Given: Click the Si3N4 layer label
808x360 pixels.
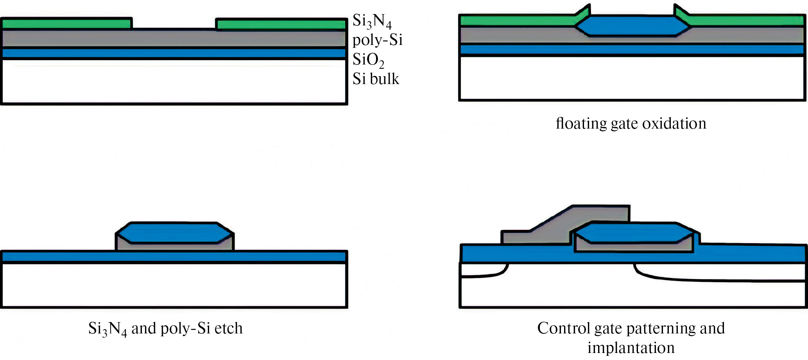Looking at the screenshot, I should (x=372, y=21).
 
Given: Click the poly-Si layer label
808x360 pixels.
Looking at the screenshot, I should (x=377, y=40).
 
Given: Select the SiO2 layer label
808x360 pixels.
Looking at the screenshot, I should (x=368, y=60).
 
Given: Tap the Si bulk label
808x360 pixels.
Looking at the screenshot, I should (x=376, y=79).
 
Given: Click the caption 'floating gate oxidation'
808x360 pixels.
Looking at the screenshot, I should (x=631, y=124).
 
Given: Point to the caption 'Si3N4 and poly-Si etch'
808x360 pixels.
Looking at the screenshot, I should (x=165, y=329).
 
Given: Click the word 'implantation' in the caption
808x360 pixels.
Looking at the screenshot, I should (x=631, y=347).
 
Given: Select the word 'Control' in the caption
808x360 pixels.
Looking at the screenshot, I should (x=563, y=328).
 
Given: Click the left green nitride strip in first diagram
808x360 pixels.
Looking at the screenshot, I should (x=66, y=23).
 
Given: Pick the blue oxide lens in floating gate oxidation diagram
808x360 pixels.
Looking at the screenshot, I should (x=632, y=26).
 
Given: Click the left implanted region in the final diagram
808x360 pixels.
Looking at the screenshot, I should (x=483, y=270).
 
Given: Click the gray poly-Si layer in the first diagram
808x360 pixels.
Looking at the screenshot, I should (x=174, y=38).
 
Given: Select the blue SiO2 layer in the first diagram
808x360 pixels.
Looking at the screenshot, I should (x=174, y=53).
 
